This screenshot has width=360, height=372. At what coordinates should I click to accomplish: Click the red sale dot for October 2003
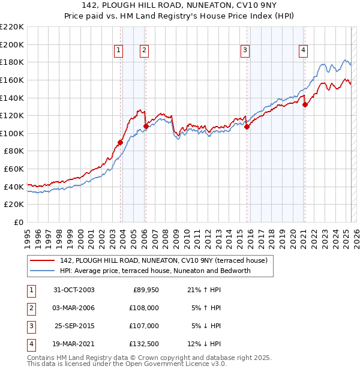(x=121, y=142)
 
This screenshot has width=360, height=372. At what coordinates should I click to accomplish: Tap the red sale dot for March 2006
(x=146, y=126)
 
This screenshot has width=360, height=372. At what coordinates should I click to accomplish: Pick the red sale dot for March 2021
(x=305, y=104)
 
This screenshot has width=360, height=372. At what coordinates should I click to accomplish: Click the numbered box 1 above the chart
(x=119, y=51)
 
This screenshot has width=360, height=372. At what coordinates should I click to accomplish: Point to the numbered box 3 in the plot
(x=245, y=51)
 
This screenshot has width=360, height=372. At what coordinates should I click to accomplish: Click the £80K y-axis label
(x=14, y=151)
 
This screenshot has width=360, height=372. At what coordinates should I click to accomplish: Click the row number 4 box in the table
(x=31, y=344)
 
